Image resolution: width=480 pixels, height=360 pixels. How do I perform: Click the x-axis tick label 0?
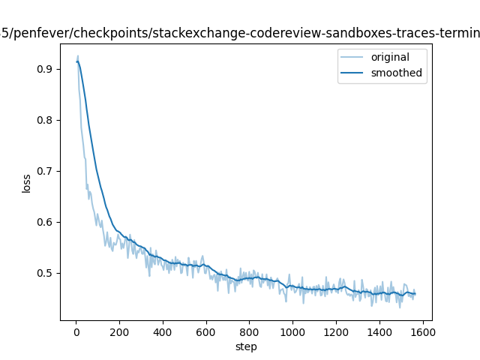pyautogui.click(x=76, y=331)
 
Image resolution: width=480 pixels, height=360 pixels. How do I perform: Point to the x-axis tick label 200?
pyautogui.click(x=119, y=331)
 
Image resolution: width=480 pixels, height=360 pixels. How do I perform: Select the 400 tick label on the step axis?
pyautogui.click(x=163, y=331)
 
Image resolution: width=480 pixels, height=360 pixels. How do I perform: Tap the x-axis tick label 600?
pyautogui.click(x=206, y=331)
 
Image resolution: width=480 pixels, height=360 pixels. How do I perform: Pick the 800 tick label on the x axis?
pyautogui.click(x=250, y=331)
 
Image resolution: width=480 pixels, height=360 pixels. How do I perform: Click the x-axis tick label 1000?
pyautogui.click(x=292, y=331)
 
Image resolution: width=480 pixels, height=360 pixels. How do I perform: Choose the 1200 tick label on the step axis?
pyautogui.click(x=336, y=331)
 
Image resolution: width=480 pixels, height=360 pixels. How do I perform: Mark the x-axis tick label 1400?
pyautogui.click(x=379, y=331)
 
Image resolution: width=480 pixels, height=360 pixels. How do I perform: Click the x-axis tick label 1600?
pyautogui.click(x=423, y=331)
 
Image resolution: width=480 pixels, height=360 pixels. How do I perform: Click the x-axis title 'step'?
pyautogui.click(x=246, y=346)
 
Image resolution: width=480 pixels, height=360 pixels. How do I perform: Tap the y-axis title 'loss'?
pyautogui.click(x=27, y=183)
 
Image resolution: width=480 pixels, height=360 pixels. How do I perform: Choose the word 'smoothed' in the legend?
pyautogui.click(x=396, y=73)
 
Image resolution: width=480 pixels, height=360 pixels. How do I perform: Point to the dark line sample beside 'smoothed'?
pyautogui.click(x=354, y=73)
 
